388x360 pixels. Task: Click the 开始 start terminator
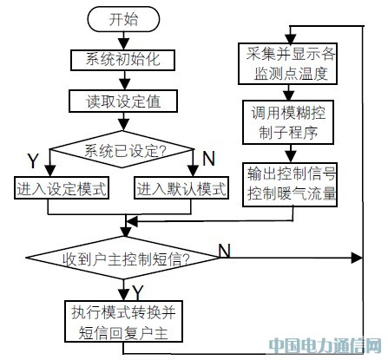coord(123,19)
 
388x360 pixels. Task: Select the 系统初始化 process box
coord(122,60)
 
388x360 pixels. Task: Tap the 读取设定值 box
coord(123,101)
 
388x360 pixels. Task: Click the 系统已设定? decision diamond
coord(122,149)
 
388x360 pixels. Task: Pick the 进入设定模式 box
coord(62,188)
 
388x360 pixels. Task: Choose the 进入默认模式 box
coord(181,188)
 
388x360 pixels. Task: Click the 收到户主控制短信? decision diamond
coord(122,258)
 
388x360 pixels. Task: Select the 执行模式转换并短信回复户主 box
coord(123,321)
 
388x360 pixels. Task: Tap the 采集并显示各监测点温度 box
coord(287,63)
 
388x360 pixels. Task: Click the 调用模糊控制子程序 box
coord(288,122)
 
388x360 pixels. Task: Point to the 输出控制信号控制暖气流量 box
coord(290,184)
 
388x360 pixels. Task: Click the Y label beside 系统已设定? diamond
coord(33,160)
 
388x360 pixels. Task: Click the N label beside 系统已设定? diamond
coord(209,159)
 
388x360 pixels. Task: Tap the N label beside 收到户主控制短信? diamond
coord(224,250)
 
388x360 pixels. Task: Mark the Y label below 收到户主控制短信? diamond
coord(137,292)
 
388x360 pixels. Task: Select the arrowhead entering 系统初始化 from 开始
coord(124,45)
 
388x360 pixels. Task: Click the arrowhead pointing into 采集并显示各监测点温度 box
coord(290,38)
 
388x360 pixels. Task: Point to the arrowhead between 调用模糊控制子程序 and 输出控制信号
coord(290,157)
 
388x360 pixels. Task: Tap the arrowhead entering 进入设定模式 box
coord(50,171)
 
